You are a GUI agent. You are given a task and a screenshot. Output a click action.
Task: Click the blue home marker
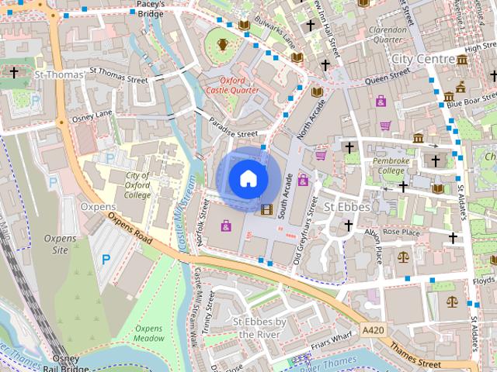pyautogui.click(x=248, y=179)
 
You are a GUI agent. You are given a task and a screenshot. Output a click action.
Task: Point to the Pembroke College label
pyautogui.click(x=390, y=165)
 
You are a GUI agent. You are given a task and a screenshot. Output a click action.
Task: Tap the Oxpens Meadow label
pyautogui.click(x=148, y=333)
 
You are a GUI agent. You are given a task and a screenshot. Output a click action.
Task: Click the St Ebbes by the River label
pyautogui.click(x=261, y=327)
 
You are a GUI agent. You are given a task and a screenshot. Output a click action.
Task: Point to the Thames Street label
pyautogui.click(x=415, y=357)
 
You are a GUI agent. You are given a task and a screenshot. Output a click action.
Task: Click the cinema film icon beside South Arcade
pyautogui.click(x=267, y=209)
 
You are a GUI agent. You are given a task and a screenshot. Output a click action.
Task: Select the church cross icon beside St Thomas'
pyautogui.click(x=14, y=72)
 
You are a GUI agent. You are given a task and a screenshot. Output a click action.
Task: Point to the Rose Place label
pyautogui.click(x=401, y=232)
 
